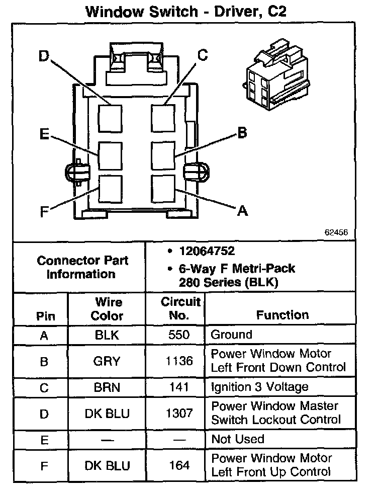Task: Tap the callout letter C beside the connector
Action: [202, 55]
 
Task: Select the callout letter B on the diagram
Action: [242, 133]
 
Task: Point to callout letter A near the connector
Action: [242, 211]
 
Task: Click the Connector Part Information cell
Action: [82, 267]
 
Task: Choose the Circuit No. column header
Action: [180, 309]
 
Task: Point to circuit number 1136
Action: [179, 361]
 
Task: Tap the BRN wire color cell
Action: [107, 387]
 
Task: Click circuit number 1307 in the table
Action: [179, 413]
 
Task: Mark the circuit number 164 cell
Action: [179, 465]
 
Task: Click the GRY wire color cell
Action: [107, 361]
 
